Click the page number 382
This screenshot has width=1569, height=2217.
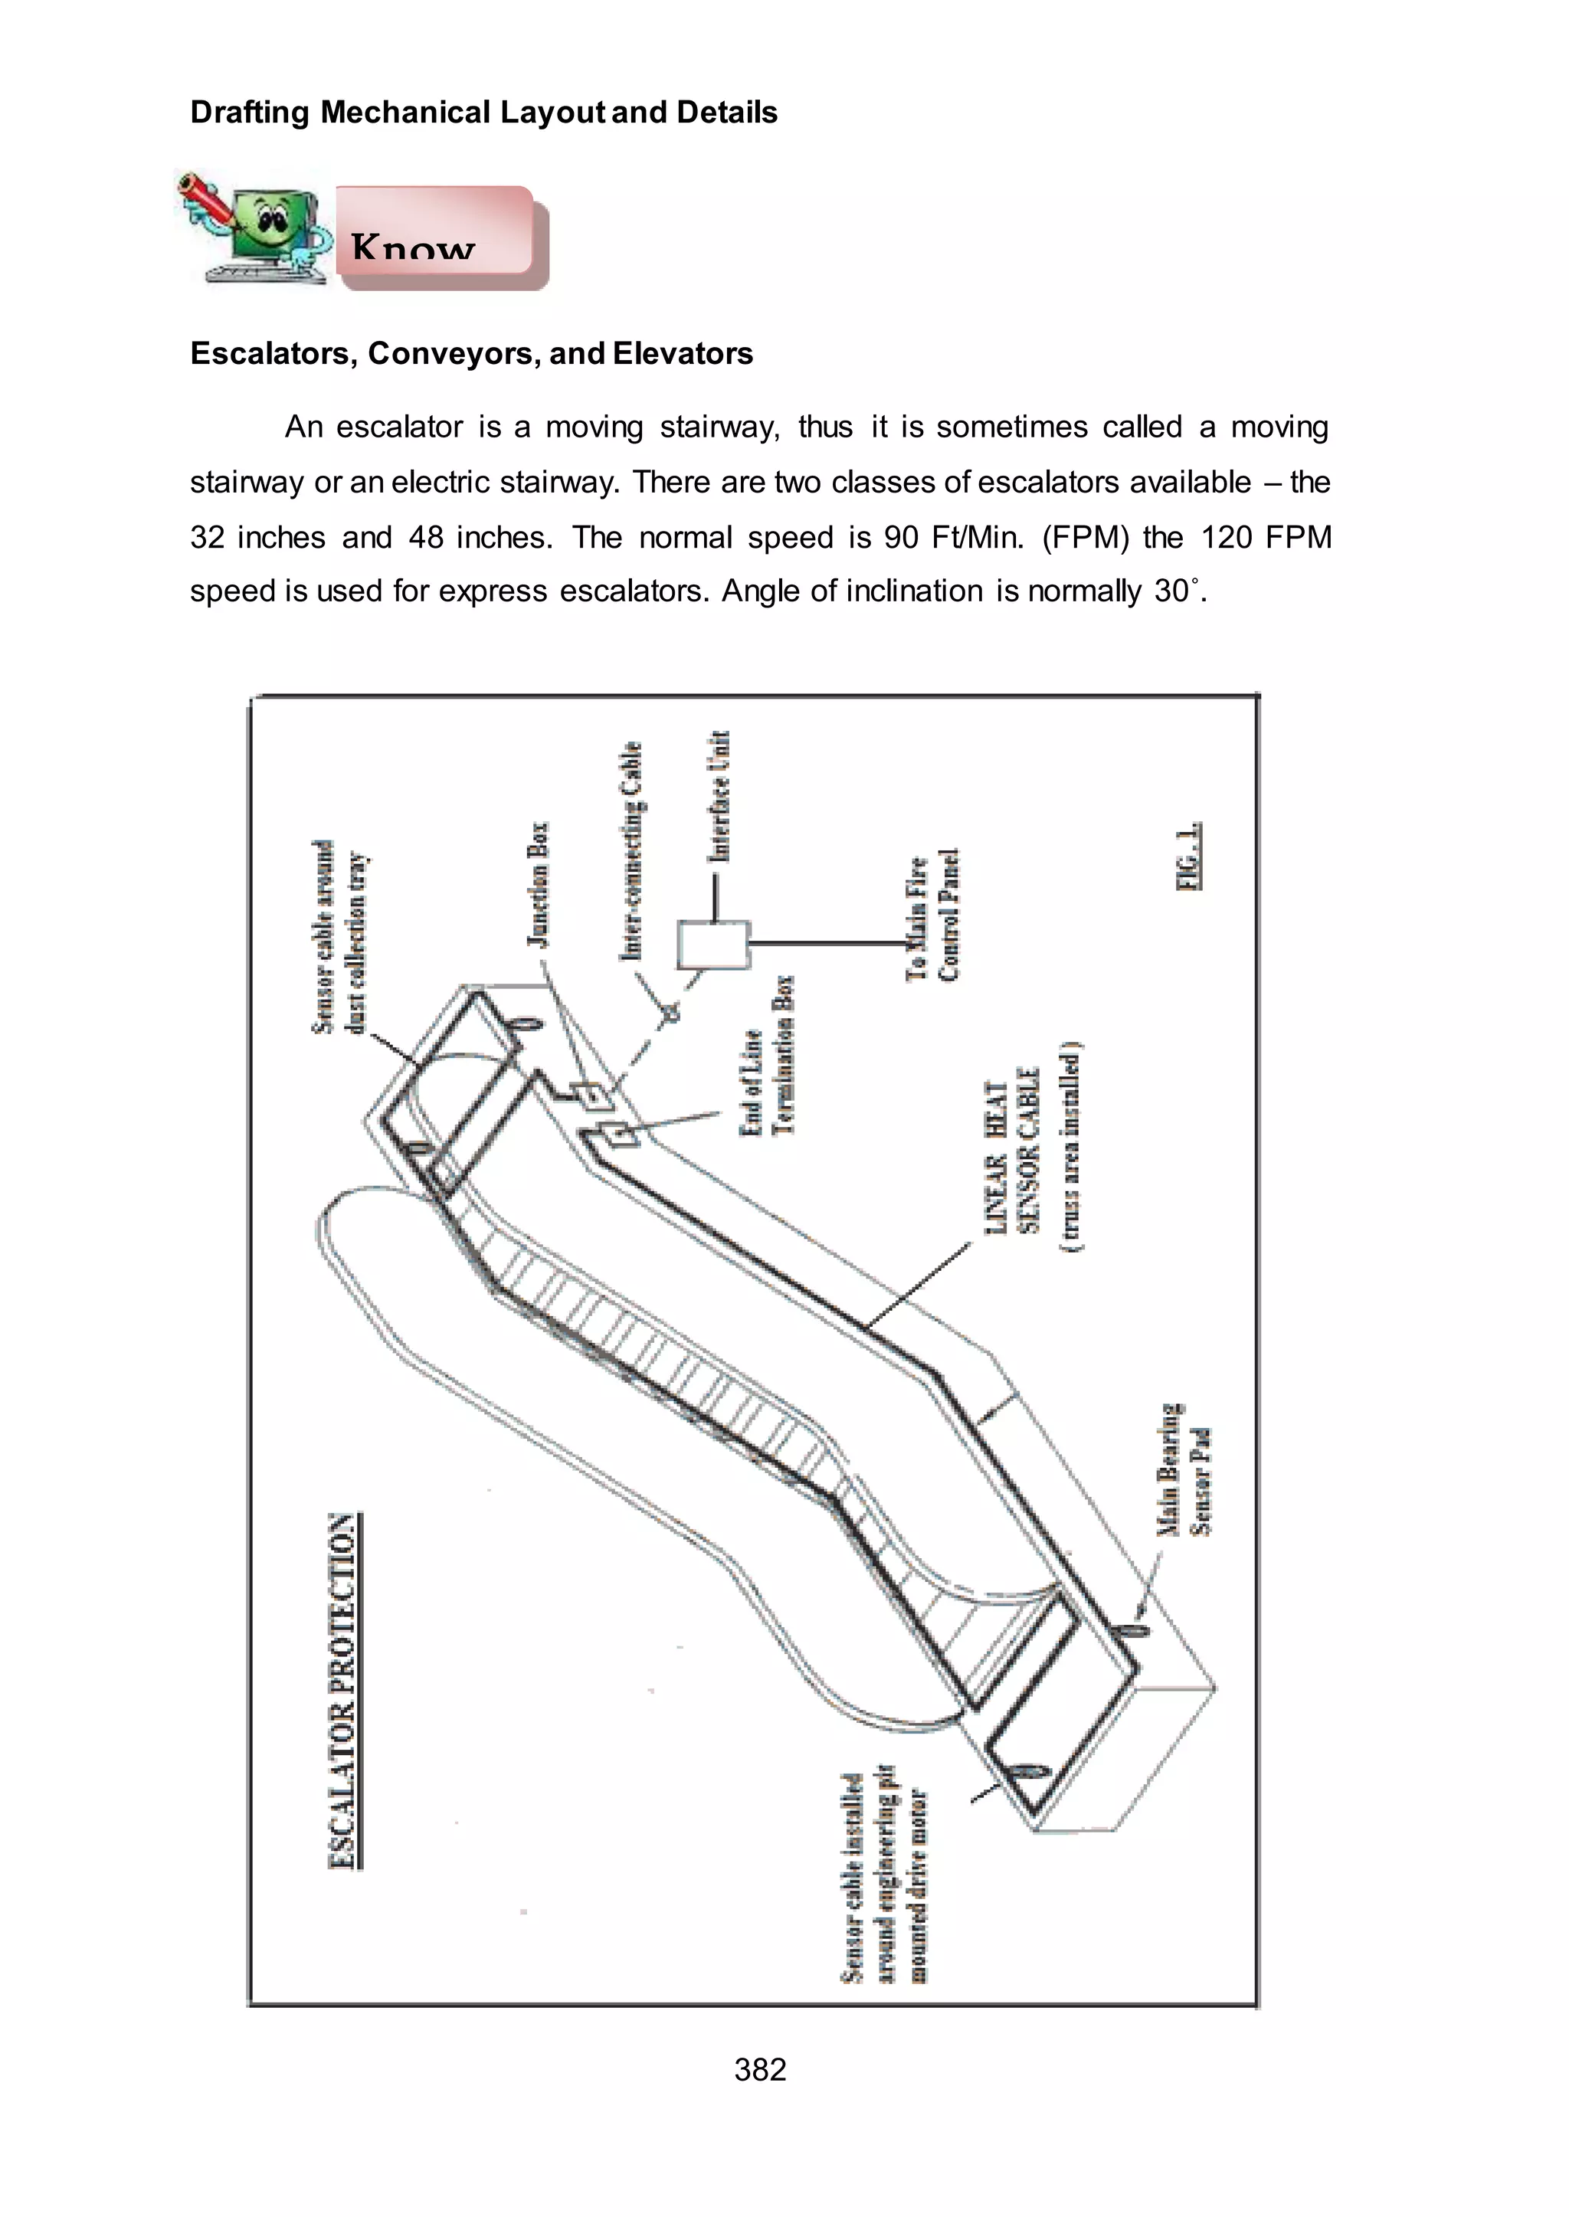pyautogui.click(x=760, y=2069)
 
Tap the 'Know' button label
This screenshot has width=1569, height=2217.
pyautogui.click(x=414, y=247)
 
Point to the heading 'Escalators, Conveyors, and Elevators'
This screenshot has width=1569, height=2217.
pyautogui.click(x=471, y=354)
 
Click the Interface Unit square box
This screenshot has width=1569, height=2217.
pyautogui.click(x=714, y=945)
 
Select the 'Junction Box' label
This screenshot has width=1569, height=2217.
pyautogui.click(x=537, y=884)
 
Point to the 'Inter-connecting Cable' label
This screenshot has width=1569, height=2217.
pyautogui.click(x=630, y=851)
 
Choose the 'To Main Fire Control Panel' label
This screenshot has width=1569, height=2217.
pyautogui.click(x=932, y=915)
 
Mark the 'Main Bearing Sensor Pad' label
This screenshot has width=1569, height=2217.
pyautogui.click(x=1184, y=1469)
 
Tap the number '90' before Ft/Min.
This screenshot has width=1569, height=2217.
pyautogui.click(x=900, y=537)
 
